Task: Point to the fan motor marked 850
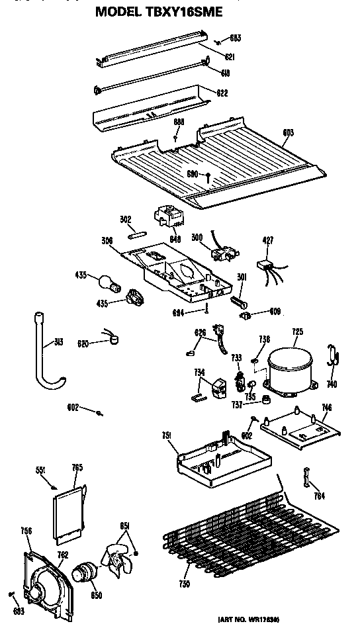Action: (83, 571)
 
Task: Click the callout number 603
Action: (288, 132)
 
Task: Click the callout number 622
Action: (222, 93)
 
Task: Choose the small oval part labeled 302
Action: (136, 232)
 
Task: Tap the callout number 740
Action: (332, 384)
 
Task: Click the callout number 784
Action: (320, 496)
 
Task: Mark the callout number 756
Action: (26, 530)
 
